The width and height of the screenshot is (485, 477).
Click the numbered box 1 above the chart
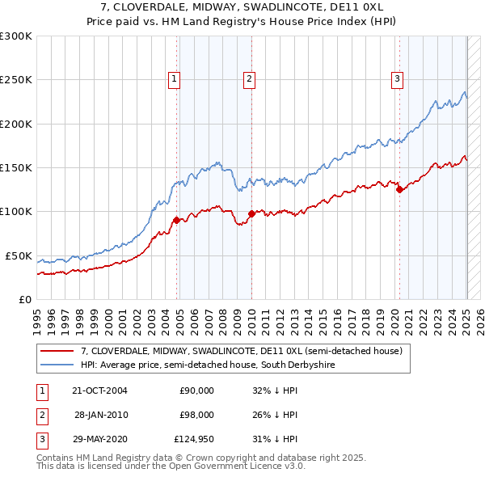(175, 78)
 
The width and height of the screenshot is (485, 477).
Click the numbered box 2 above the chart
(249, 78)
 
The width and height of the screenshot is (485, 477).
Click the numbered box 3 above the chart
(398, 78)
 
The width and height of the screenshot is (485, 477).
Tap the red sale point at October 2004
(176, 220)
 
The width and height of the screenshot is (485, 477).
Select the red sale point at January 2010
(251, 213)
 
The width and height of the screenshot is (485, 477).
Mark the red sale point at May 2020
(399, 190)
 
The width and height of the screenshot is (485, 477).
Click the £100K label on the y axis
(16, 212)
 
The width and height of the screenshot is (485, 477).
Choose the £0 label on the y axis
(24, 299)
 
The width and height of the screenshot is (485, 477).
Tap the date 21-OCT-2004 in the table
(99, 390)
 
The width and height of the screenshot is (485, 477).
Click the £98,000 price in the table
(196, 415)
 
